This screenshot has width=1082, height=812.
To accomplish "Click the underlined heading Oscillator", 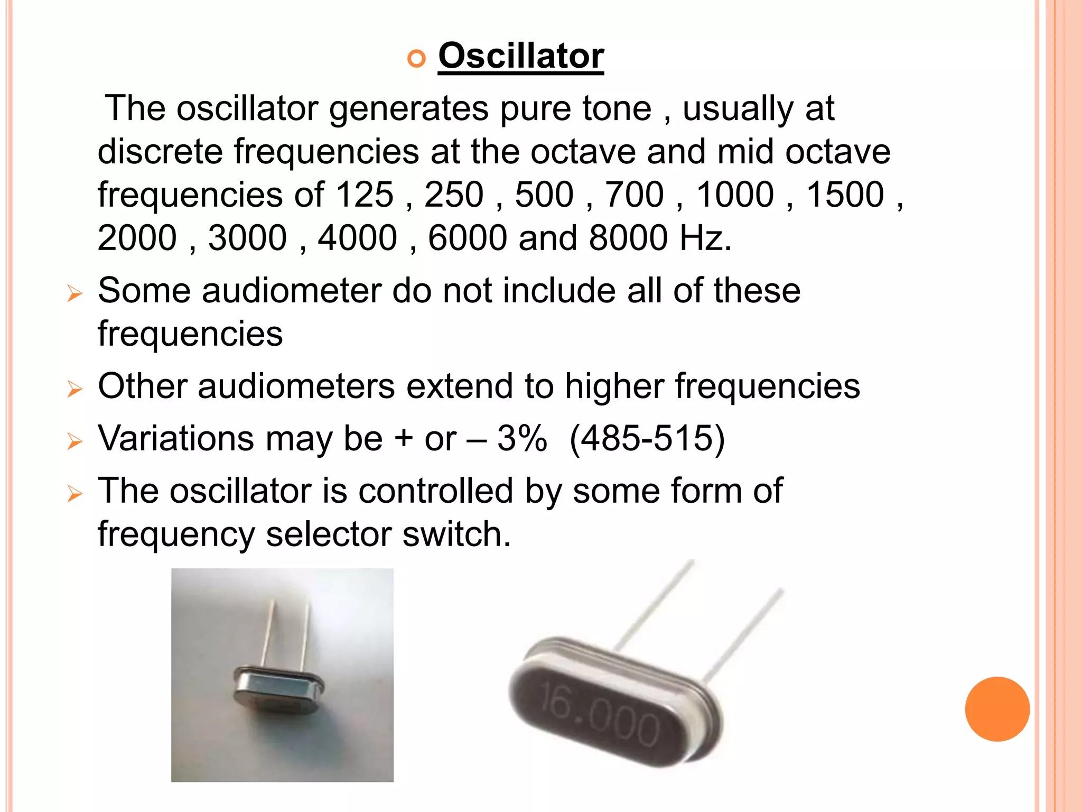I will click(521, 56).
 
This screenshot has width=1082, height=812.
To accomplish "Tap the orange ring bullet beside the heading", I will click(416, 58).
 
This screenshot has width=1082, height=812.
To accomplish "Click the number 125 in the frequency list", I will click(365, 195).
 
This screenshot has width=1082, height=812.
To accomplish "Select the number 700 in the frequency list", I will click(634, 195).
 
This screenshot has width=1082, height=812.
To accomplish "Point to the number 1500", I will click(845, 195).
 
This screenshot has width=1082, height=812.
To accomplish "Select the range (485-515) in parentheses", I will click(647, 438).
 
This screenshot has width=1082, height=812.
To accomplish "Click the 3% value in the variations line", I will click(522, 438).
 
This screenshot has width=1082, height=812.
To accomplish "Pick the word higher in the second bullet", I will click(614, 386).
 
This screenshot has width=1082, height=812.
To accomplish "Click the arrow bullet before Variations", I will click(75, 441).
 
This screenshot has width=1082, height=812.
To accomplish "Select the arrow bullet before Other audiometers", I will click(75, 389).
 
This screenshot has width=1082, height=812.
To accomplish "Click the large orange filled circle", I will click(997, 709).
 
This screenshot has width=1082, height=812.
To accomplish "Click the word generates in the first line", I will click(408, 109).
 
